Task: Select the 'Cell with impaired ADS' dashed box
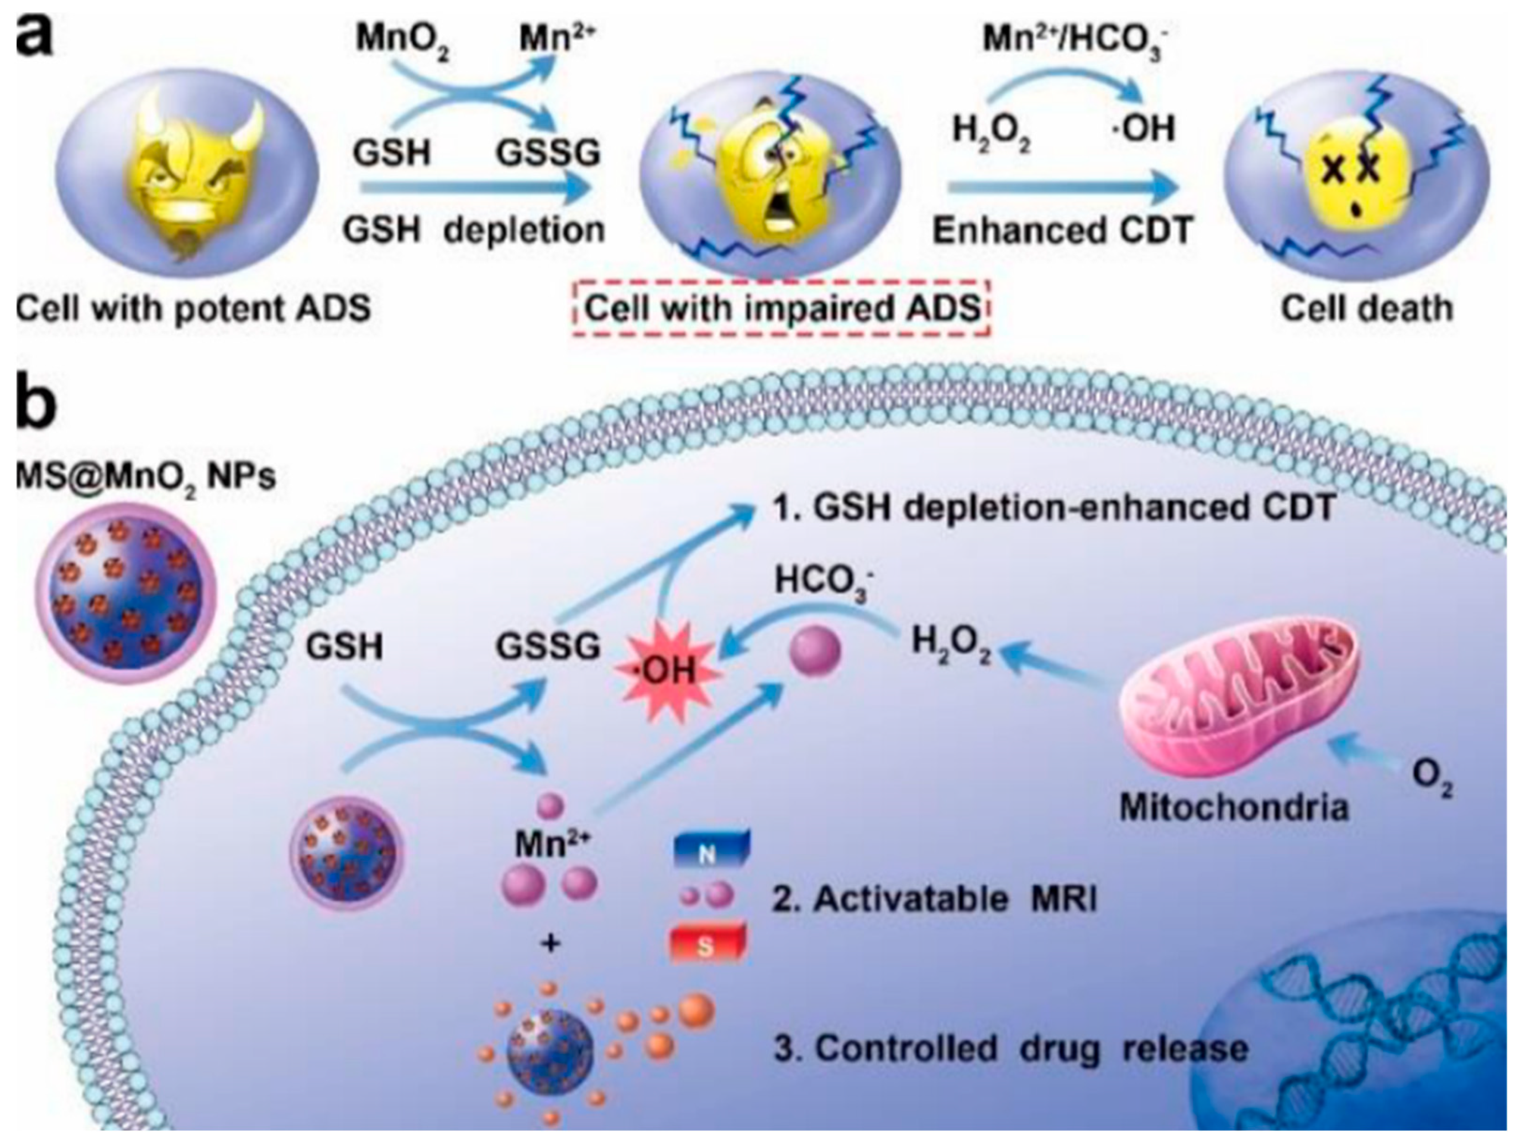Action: (x=781, y=309)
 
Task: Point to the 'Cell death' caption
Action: (x=1366, y=309)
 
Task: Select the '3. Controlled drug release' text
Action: (x=1011, y=1048)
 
